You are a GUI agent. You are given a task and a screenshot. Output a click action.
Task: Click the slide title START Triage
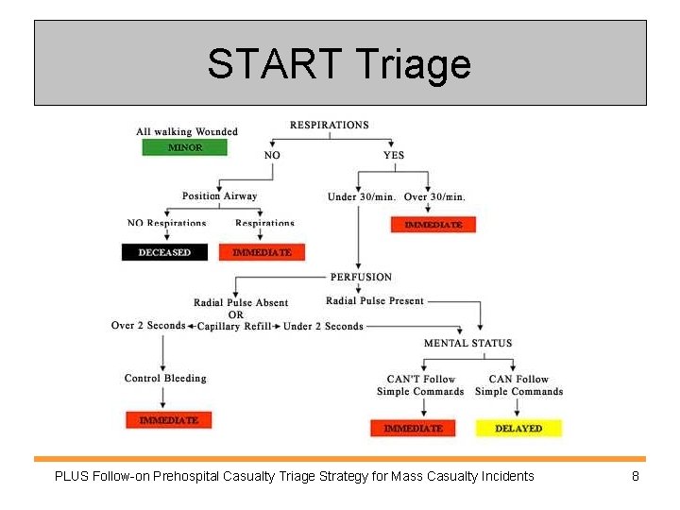339,64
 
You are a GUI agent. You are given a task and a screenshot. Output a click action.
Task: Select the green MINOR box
185,147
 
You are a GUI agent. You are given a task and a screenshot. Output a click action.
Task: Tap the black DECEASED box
164,252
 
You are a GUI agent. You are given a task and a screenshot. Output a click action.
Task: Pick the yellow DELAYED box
518,428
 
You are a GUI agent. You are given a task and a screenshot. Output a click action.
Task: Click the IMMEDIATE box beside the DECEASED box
262,252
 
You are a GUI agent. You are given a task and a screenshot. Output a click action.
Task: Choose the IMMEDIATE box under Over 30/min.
433,225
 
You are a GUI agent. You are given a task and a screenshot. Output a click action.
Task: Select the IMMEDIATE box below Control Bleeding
169,419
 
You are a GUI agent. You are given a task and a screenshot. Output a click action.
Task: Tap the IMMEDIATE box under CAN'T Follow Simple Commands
413,428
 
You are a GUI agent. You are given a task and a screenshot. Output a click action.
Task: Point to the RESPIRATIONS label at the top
329,125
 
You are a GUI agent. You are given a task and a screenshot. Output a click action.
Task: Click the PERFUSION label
361,277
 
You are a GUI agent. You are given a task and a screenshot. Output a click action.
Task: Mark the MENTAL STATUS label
467,343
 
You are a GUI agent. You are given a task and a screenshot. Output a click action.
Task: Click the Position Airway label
219,196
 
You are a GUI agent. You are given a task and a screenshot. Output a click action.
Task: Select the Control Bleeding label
165,379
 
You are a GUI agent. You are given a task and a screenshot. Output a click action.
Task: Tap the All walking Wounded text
187,132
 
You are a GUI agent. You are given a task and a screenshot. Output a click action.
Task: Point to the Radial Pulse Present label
375,301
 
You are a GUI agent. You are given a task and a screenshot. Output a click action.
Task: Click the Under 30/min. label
362,196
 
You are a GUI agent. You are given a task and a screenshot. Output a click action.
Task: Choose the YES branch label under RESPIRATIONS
394,155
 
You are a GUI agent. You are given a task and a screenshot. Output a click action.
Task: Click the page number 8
636,476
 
